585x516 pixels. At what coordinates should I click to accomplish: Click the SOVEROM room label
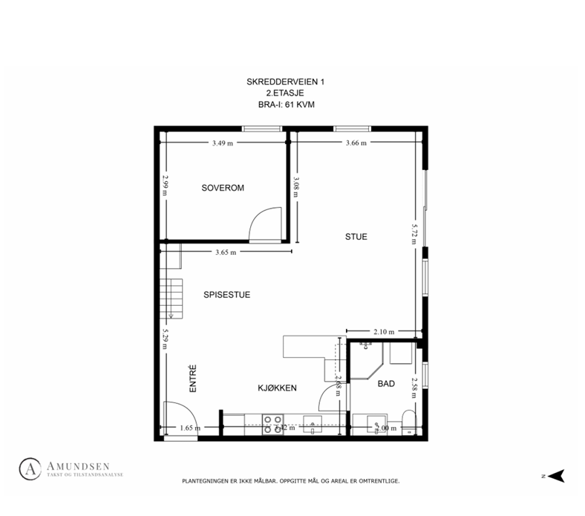(223, 188)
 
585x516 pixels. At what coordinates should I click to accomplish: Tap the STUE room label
(356, 237)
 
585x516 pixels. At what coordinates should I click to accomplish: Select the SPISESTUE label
(226, 295)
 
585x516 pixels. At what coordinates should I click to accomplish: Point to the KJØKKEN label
(278, 388)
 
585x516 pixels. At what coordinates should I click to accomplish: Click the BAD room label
(386, 384)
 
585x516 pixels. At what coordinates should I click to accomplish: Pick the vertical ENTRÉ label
(192, 378)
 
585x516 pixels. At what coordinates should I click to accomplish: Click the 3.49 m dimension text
(222, 143)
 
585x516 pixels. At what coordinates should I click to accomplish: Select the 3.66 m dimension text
(356, 143)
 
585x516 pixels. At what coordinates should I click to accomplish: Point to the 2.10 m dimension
(384, 331)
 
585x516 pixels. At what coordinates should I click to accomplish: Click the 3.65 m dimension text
(226, 252)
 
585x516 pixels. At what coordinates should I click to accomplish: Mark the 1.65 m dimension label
(191, 428)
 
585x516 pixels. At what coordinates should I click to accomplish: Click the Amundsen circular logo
(30, 468)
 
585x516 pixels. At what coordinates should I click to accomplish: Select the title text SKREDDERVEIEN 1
(286, 81)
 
